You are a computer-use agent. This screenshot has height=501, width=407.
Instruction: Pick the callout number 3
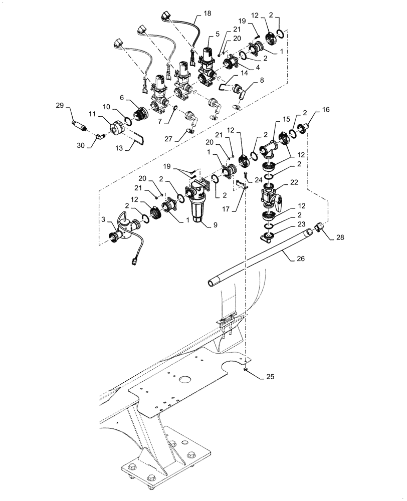click(103, 219)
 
